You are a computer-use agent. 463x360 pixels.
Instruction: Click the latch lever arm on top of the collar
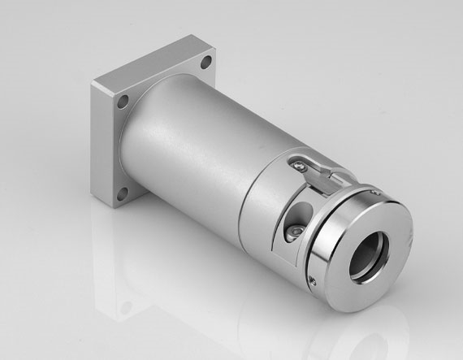322,169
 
